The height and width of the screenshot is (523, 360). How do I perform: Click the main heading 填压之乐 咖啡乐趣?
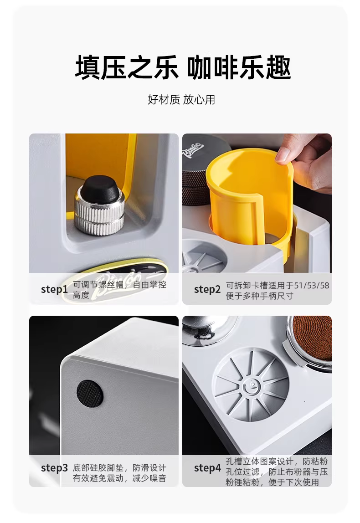(x=183, y=67)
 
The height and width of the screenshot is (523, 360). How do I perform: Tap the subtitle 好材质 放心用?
(x=181, y=99)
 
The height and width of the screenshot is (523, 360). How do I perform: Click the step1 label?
(x=54, y=289)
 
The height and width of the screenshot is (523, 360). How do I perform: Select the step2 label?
(x=207, y=289)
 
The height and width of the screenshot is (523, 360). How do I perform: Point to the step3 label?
(x=54, y=467)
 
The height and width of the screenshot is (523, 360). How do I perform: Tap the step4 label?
(x=207, y=467)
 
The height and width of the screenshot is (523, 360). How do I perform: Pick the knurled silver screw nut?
(x=99, y=212)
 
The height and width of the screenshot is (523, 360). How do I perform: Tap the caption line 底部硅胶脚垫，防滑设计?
(x=119, y=467)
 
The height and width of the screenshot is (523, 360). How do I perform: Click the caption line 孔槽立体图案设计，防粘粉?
(x=277, y=461)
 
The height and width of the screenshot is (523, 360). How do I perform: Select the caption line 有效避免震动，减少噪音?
(x=119, y=478)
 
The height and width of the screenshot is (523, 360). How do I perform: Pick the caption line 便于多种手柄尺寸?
(x=259, y=296)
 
